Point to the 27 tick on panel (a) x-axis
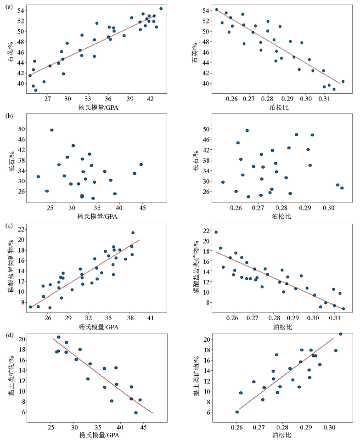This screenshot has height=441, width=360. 47,98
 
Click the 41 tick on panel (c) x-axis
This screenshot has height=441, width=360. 150,317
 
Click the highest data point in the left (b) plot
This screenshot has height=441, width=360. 52,130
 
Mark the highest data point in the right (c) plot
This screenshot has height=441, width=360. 216,232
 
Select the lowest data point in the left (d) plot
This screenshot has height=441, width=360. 135,413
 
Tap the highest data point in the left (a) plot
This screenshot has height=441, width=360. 161,9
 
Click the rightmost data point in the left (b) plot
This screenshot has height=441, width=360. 141,164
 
